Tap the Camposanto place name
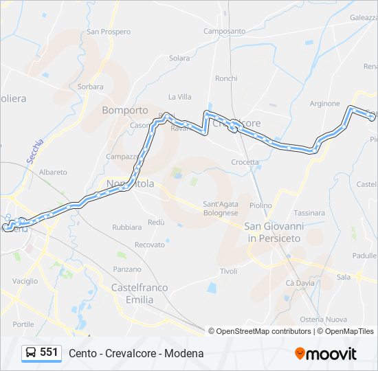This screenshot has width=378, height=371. (224, 31)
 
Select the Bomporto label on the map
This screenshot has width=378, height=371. (125, 110)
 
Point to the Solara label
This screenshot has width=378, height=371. (179, 58)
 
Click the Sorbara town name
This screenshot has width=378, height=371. (90, 87)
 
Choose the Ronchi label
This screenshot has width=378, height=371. (226, 78)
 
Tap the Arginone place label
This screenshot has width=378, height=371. (324, 104)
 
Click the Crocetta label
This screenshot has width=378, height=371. (245, 162)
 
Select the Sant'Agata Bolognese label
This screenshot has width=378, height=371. (221, 208)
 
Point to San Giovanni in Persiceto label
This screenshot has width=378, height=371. (274, 232)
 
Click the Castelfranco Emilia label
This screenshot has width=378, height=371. (140, 293)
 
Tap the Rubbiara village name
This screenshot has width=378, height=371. (126, 227)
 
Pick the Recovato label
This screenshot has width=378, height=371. (150, 245)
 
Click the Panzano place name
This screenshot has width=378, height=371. (127, 269)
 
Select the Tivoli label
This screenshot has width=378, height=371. (228, 271)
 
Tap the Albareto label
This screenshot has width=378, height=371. (53, 172)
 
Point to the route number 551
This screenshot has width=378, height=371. (49, 352)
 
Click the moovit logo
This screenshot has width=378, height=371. (326, 354)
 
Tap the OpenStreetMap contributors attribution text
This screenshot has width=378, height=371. (263, 331)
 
